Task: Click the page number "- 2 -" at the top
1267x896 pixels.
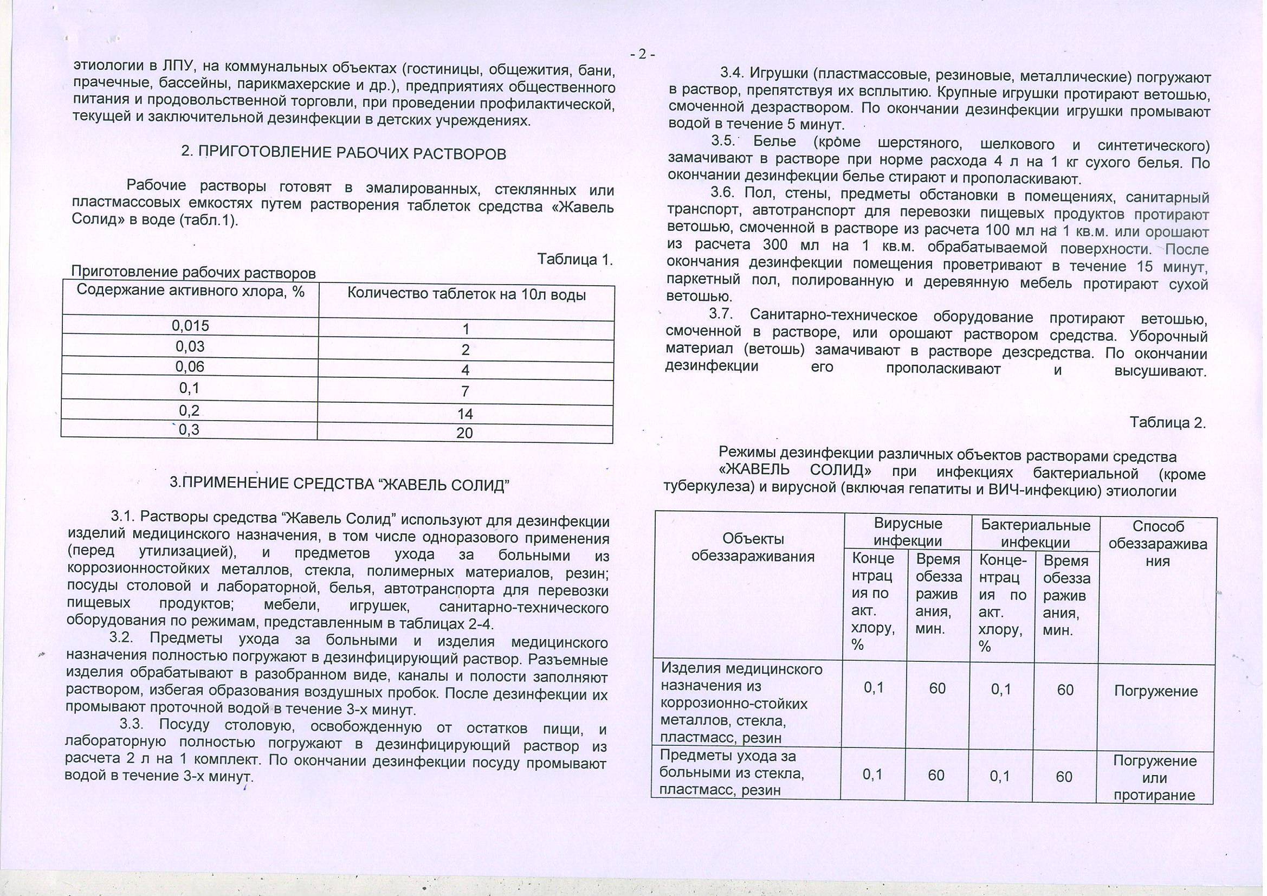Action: click(642, 54)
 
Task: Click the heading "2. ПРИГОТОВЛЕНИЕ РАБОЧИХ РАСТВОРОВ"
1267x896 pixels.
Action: click(343, 153)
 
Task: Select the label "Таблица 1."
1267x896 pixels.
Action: click(575, 260)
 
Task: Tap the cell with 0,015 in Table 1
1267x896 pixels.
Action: click(190, 326)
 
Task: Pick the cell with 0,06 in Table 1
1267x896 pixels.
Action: click(190, 366)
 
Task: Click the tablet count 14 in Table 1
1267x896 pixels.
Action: click(464, 414)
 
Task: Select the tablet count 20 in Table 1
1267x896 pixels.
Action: click(464, 433)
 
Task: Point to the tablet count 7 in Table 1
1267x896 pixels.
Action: click(465, 391)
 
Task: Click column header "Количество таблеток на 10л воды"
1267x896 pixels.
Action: click(466, 295)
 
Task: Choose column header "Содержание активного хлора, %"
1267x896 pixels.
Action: click(190, 291)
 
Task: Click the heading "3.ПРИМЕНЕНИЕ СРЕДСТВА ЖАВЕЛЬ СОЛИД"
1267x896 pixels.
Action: click(339, 484)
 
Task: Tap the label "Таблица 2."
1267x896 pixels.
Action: click(1168, 423)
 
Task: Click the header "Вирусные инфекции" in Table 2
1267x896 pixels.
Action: click(908, 532)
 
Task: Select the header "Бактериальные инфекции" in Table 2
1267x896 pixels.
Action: click(1035, 533)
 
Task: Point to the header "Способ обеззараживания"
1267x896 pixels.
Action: click(1158, 544)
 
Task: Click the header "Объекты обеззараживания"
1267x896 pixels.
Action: click(753, 547)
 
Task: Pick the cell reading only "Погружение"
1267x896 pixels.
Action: click(1155, 691)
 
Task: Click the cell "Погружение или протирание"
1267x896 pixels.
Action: click(1154, 778)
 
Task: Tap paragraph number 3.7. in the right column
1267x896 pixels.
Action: click(720, 315)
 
